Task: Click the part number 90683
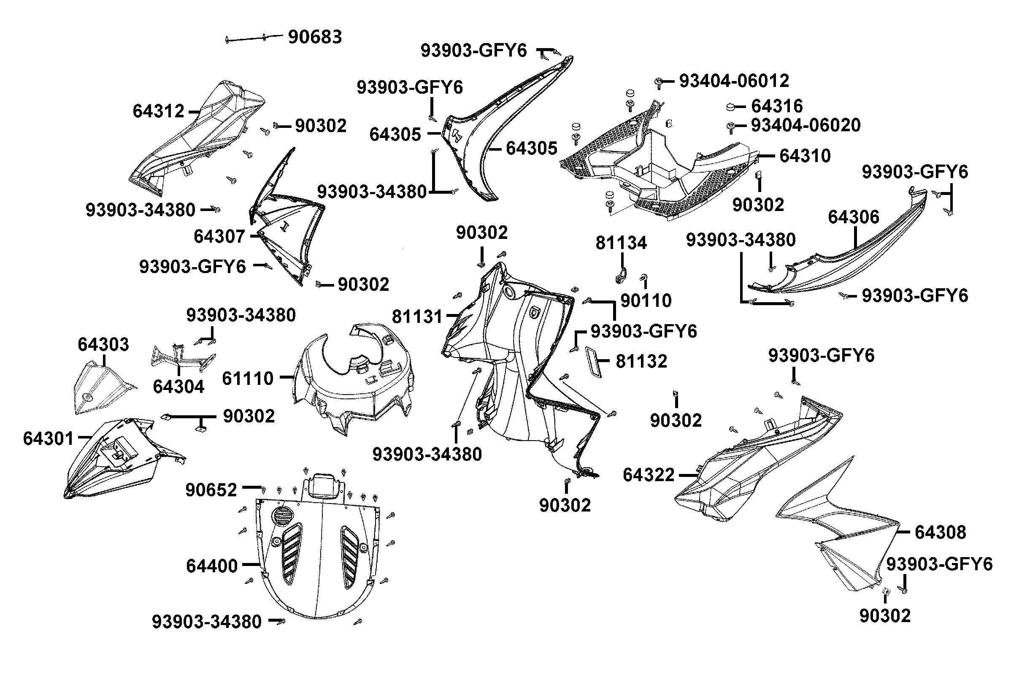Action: point(314,37)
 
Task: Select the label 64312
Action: point(158,111)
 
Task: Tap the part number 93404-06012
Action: point(734,81)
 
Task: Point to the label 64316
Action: point(777,106)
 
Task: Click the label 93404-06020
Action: point(806,125)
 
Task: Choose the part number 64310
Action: point(805,156)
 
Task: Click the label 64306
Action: point(853,217)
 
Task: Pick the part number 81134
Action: point(621,243)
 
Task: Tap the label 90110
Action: point(646,301)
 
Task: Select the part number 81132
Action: point(641,362)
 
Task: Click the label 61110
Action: point(248,379)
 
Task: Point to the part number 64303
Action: point(103,344)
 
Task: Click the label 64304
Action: point(178,387)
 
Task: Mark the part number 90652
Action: point(211,490)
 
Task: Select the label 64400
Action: point(211,566)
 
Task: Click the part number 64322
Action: point(649,475)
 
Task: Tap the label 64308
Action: point(940,532)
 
